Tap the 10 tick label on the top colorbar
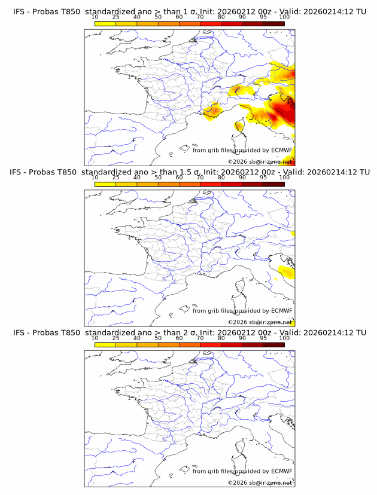tap(95, 17)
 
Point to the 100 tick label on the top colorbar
tap(284, 17)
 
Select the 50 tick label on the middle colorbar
tap(158, 178)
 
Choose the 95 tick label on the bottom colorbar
tap(263, 338)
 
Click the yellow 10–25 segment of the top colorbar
tap(105, 23)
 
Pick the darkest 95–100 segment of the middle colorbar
tap(273, 184)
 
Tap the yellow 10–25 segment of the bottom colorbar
tap(105, 344)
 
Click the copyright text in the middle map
tap(260, 322)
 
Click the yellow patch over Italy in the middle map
tap(286, 273)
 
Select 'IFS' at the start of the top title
tap(19, 11)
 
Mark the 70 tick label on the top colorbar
tap(200, 17)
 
